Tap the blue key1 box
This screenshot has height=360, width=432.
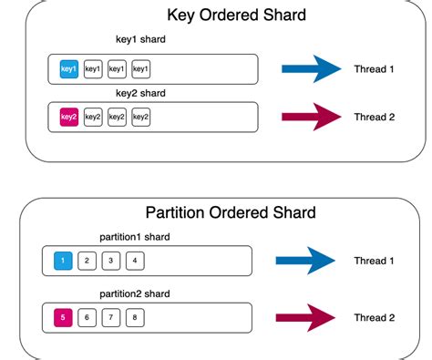click(68, 68)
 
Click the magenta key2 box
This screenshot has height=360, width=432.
click(68, 117)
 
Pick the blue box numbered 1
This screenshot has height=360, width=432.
click(62, 261)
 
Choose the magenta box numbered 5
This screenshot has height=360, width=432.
click(62, 317)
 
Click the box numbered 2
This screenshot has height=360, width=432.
click(86, 261)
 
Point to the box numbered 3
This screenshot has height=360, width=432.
click(109, 261)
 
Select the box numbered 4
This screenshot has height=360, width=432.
click(134, 261)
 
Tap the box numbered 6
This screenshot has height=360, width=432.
click(86, 317)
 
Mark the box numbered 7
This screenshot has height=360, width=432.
click(109, 317)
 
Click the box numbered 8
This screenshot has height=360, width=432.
click(134, 317)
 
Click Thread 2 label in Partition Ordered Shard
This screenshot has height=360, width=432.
click(375, 317)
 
